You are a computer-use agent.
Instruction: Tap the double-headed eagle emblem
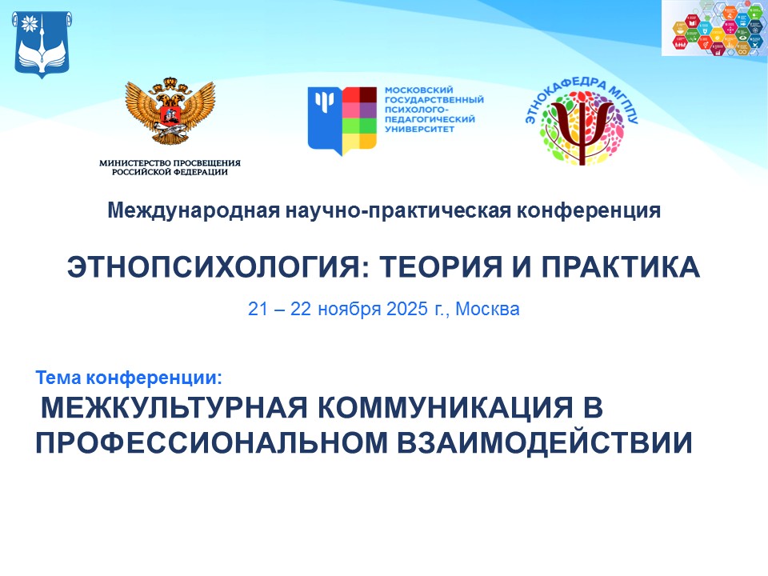click(170, 112)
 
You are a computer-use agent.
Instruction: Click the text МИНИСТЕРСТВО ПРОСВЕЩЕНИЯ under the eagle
click(170, 162)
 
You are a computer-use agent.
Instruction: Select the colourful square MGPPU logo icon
click(342, 118)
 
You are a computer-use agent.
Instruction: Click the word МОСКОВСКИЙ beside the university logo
click(414, 90)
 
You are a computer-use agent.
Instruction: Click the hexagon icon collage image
click(714, 29)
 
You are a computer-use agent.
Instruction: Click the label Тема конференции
click(128, 376)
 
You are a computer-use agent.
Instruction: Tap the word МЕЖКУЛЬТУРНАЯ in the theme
click(172, 408)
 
